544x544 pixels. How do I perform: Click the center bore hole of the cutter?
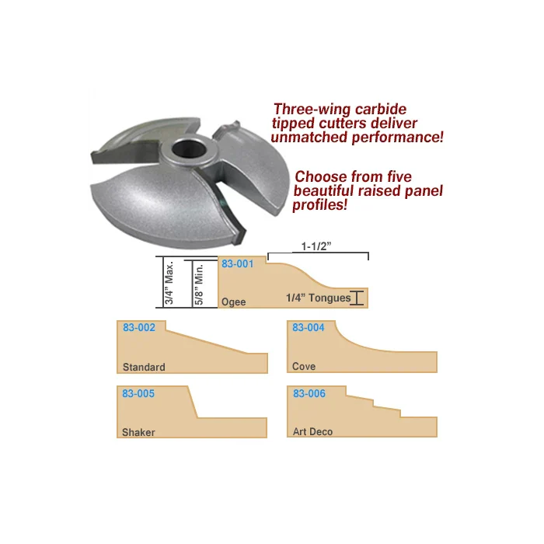[187, 148]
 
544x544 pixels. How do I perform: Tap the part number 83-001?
[238, 264]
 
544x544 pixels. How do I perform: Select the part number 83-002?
[139, 328]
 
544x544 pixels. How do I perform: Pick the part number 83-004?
[309, 328]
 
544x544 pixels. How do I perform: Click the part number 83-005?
[138, 394]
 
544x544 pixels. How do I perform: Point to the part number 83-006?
[309, 394]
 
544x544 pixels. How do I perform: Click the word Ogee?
[233, 302]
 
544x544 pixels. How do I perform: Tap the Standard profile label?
[144, 367]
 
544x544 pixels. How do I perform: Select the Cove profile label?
[304, 367]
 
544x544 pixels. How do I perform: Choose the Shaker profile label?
[138, 432]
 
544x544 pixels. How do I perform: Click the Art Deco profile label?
[313, 432]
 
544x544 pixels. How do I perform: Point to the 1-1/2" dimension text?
[317, 246]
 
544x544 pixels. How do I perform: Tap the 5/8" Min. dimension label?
[199, 283]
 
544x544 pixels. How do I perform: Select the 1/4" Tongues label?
[318, 298]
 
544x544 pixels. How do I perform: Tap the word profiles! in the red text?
[319, 206]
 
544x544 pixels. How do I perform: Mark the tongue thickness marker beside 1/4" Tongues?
[357, 298]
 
